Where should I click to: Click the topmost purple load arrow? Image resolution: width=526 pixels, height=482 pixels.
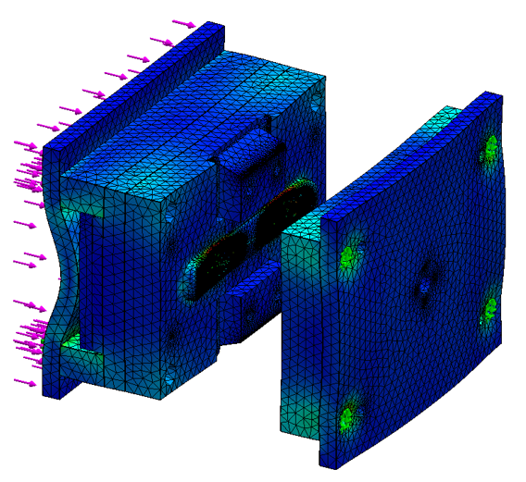(183, 23)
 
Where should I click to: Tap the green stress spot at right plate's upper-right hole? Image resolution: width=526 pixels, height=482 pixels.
(490, 147)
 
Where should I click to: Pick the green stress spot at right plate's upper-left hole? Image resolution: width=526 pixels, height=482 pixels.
(349, 255)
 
